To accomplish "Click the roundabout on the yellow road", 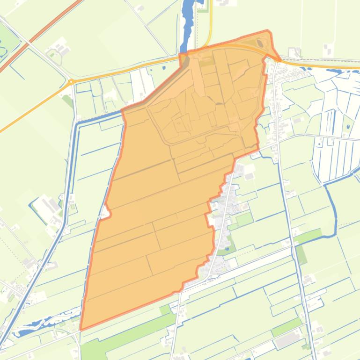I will [71, 82].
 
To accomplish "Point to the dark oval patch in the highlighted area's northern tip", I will [260, 43].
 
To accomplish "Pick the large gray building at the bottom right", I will [287, 340].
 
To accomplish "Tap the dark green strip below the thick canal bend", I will [301, 254].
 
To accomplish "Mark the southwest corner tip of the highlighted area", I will [81, 329].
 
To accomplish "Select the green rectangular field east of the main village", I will [244, 218].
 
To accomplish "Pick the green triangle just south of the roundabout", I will [68, 100].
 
